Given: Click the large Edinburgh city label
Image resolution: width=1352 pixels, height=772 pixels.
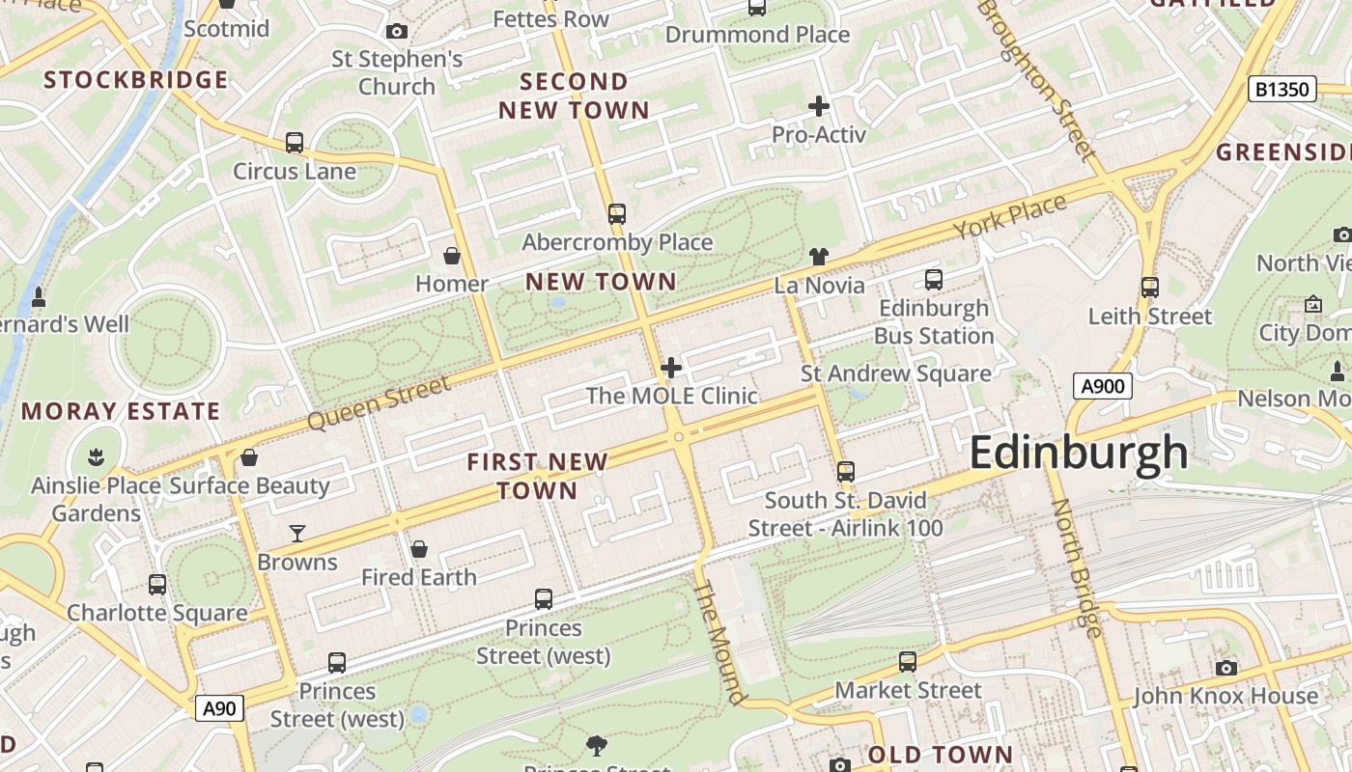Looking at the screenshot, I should (x=1078, y=452).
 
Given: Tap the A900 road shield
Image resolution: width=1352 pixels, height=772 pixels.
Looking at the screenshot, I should (x=1102, y=387).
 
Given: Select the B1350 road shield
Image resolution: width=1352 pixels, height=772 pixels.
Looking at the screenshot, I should (x=1282, y=90).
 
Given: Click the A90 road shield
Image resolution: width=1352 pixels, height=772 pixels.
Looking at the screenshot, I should (x=219, y=708).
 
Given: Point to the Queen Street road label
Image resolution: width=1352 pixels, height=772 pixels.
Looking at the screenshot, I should (x=379, y=403).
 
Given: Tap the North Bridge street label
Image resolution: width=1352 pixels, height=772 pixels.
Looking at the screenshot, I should (x=1076, y=568).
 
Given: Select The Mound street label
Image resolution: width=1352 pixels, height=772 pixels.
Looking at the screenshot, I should (x=720, y=642).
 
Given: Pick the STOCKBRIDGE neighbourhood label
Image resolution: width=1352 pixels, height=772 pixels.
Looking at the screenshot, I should (x=136, y=79).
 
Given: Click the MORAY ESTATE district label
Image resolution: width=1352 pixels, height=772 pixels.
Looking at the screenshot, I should (x=121, y=411).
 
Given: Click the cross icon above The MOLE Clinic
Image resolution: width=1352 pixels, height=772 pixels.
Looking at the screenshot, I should (x=671, y=368).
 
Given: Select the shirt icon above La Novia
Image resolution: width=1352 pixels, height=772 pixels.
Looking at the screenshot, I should (x=819, y=257).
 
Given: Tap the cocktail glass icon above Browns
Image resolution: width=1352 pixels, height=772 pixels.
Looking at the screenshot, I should (x=297, y=533).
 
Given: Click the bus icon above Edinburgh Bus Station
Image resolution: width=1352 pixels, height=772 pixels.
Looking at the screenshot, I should (x=933, y=280).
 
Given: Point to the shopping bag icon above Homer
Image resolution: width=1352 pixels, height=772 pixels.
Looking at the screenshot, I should (x=451, y=256).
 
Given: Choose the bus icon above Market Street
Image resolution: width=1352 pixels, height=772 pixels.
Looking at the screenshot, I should (x=907, y=662).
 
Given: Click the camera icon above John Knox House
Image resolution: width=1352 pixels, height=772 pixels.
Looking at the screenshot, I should (x=1225, y=668).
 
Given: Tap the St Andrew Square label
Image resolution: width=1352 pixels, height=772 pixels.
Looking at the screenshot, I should (x=895, y=373).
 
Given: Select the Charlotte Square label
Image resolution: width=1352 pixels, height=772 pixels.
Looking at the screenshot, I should (x=156, y=613).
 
